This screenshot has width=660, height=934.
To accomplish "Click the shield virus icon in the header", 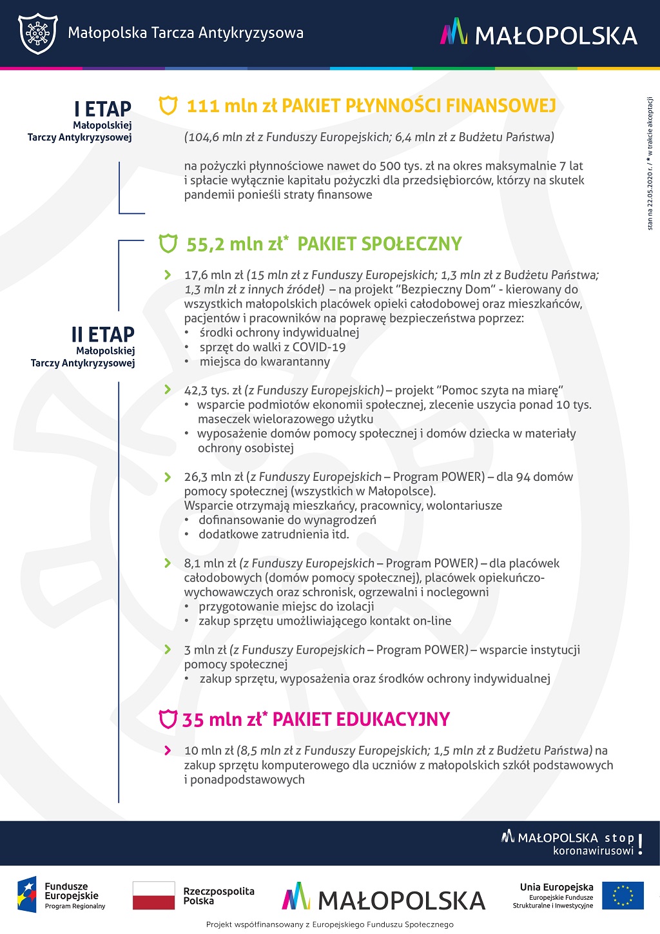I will [x=38, y=33].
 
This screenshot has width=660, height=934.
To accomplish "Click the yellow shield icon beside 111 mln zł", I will [x=168, y=106].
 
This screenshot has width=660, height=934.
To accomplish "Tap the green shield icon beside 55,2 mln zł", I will [x=168, y=244].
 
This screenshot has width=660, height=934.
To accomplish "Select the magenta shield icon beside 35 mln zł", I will [x=168, y=719].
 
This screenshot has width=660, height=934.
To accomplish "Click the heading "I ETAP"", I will [x=102, y=109].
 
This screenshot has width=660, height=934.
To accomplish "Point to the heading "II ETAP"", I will [x=103, y=335].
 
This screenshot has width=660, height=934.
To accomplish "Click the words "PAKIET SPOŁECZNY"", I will [x=379, y=244].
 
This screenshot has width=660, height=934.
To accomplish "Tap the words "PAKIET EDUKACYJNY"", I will [x=361, y=719].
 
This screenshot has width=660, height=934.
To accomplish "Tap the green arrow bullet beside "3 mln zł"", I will [x=168, y=650].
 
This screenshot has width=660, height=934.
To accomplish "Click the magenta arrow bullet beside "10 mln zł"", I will [x=168, y=750].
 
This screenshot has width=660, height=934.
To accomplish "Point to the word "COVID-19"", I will [x=319, y=347].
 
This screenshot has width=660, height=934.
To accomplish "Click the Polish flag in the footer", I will [x=153, y=895].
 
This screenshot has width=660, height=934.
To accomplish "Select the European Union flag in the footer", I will [x=623, y=895].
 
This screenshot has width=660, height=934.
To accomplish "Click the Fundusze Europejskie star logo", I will [x=27, y=895].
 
